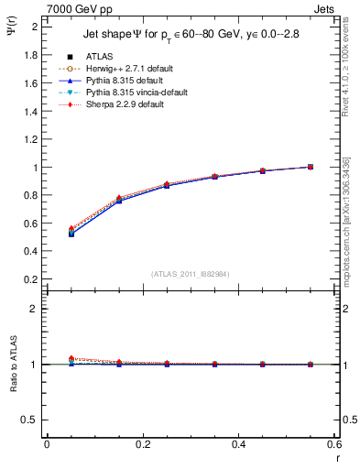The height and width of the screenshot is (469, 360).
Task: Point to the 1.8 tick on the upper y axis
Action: (x=30, y=55)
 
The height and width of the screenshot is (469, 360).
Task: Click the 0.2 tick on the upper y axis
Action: (x=30, y=279)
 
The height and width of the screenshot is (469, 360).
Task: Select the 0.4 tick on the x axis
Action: (x=238, y=445)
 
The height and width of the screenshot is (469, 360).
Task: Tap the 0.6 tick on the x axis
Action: (x=333, y=445)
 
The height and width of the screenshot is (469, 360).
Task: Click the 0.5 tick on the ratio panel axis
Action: (x=31, y=420)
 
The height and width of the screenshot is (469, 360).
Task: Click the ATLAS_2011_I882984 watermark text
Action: (x=191, y=273)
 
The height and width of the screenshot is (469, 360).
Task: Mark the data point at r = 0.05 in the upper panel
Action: (x=71, y=234)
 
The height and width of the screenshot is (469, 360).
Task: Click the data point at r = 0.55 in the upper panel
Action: (x=311, y=167)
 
